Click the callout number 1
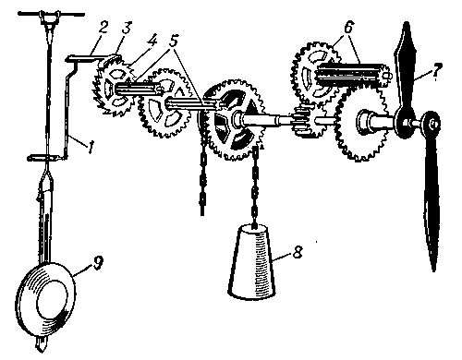coord(91,147)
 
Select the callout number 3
coord(126,28)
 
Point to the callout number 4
coord(152,41)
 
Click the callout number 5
coord(175,41)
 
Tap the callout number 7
coord(437,71)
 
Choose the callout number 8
coord(298,251)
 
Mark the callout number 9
coord(98,262)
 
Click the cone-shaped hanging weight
coord(251,262)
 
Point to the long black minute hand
coord(432,192)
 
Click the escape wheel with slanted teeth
coord(115,88)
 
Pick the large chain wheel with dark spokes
coord(233,119)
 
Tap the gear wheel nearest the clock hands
coord(361,123)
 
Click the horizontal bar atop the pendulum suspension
coord(51,14)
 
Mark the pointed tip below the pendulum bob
coord(40,344)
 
